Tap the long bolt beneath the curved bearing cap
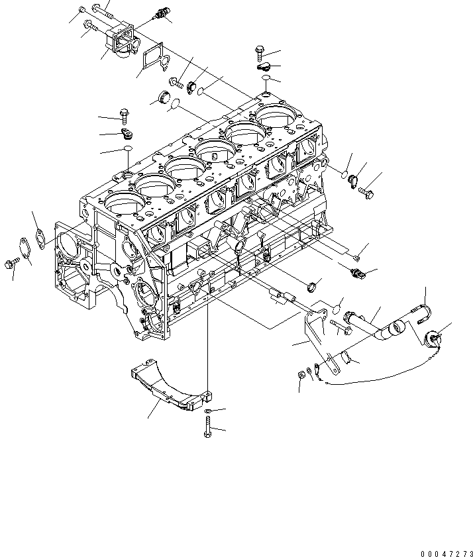point(207,431)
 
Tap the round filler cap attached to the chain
point(435,340)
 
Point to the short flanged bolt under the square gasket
point(176,82)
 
